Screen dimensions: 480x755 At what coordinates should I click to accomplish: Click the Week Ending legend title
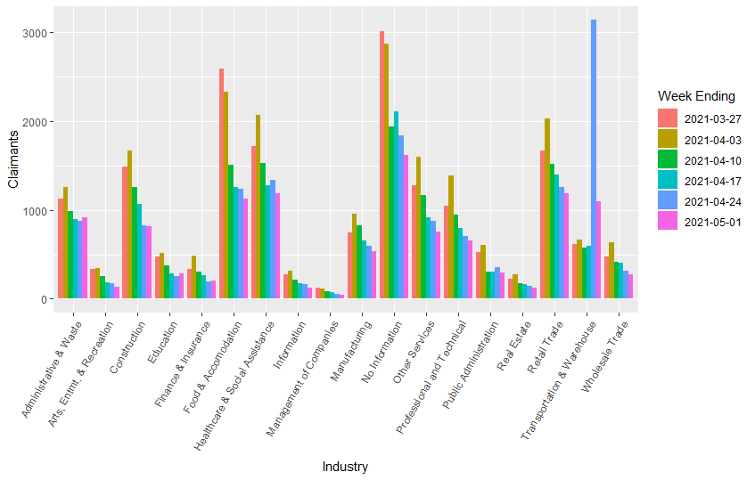[696, 96]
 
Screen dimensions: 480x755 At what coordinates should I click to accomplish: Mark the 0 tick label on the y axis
[42, 300]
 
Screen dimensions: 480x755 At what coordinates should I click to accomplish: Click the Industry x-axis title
[345, 467]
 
